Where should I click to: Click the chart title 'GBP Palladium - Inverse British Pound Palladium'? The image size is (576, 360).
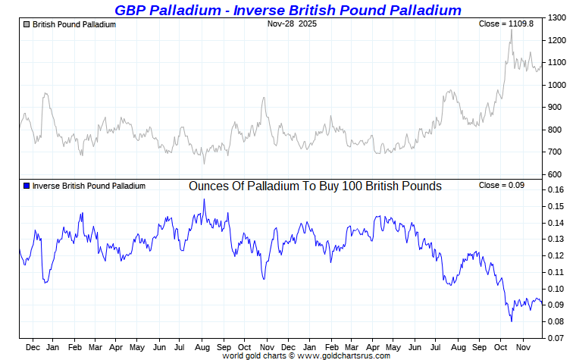[288, 10]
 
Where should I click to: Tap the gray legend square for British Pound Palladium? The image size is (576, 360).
[27, 25]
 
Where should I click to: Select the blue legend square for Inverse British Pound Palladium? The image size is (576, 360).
[27, 186]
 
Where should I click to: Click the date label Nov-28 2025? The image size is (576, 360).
[293, 24]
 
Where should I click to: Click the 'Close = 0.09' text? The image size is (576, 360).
[502, 186]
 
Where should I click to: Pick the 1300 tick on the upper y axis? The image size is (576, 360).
[557, 17]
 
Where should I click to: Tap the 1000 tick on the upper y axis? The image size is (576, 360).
[557, 85]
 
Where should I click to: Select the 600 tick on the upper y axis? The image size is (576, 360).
[556, 175]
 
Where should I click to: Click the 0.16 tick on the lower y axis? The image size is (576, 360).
[556, 190]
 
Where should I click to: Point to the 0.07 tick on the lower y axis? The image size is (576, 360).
[556, 338]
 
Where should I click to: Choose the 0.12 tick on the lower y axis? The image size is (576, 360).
[556, 256]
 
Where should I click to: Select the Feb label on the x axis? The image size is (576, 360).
[74, 348]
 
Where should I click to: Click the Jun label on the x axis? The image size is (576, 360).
[160, 348]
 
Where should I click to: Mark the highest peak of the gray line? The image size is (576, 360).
[511, 29]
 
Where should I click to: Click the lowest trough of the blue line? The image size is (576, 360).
[512, 321]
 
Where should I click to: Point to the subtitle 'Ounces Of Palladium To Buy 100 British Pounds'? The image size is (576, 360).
[315, 186]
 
